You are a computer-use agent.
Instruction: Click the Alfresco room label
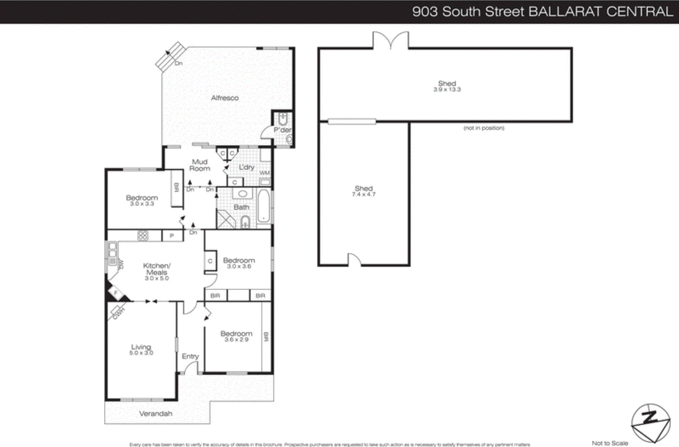pos(224,98)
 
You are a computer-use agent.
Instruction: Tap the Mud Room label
pos(199,165)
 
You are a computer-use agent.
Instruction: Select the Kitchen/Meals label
pos(157,269)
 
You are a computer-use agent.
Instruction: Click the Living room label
pos(141,347)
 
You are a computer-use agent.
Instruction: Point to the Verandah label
pos(156,413)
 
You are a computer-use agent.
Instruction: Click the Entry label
pos(190,356)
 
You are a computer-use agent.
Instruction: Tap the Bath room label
pos(241,207)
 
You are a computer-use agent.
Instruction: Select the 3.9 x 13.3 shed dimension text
pos(447,90)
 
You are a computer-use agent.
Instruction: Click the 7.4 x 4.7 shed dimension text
pos(363,194)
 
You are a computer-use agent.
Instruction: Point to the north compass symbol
pos(650,423)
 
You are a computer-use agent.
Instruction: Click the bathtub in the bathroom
pos(264,207)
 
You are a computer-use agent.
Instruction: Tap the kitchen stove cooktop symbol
pos(143,235)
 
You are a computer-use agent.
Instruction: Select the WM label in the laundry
pos(264,173)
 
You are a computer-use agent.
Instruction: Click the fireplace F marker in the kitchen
pos(116,293)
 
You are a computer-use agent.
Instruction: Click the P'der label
pos(282,130)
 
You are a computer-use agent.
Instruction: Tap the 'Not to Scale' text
pos(610,443)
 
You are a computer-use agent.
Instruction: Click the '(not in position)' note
pos(484,128)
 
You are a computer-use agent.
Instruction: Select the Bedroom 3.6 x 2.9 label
pos(236,336)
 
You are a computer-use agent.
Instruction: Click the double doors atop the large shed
pos(390,41)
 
